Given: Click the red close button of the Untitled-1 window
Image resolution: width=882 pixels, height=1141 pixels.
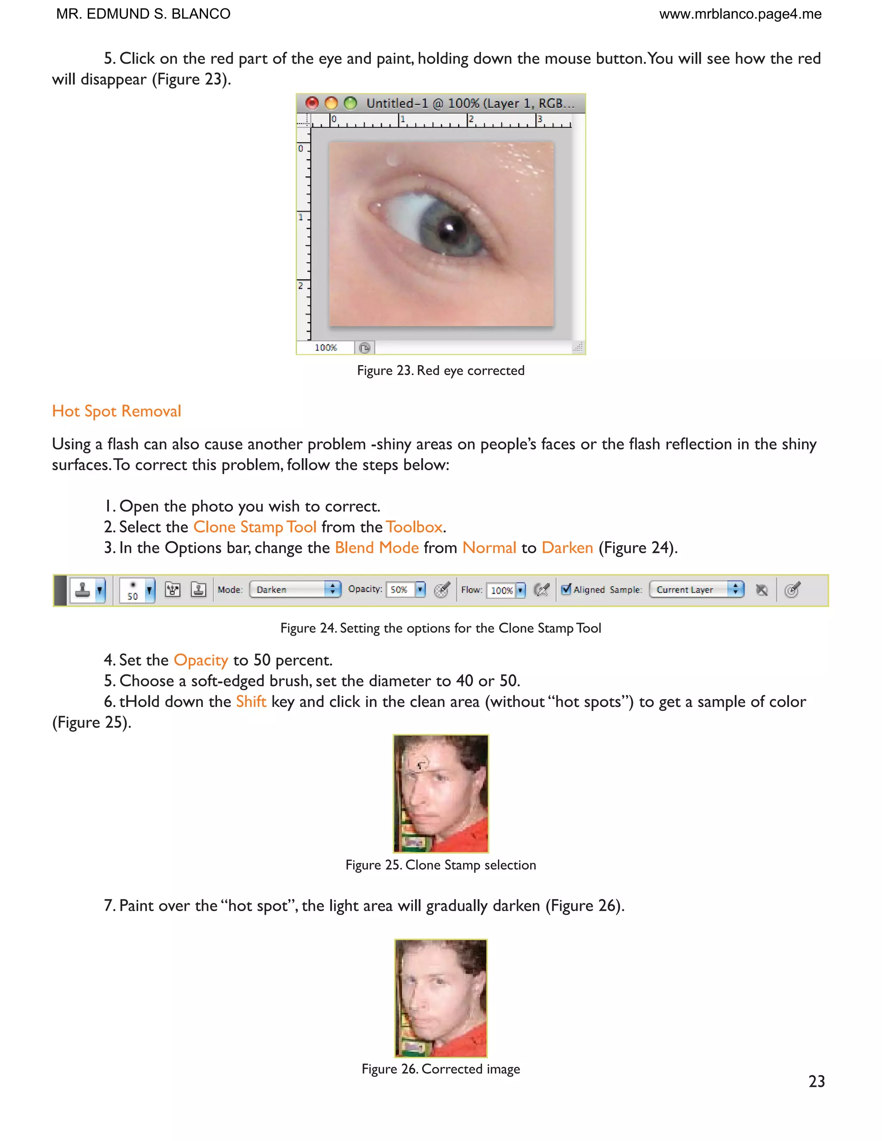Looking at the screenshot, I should click(312, 103).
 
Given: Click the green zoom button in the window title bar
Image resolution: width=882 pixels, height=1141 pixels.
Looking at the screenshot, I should click(351, 103).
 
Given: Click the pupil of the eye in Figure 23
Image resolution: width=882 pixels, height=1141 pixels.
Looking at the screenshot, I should click(448, 228).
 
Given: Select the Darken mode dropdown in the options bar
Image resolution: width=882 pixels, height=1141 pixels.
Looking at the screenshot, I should click(295, 589).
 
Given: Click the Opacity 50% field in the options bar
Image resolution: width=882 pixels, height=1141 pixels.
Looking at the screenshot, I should click(400, 589).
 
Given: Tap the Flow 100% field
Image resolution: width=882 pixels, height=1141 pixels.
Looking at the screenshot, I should click(501, 590).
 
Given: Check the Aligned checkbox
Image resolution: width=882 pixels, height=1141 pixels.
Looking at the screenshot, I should click(566, 589).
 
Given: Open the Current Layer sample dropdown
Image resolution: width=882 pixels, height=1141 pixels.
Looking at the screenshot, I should click(696, 589).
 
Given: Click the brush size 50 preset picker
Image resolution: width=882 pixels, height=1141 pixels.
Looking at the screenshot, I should click(137, 590).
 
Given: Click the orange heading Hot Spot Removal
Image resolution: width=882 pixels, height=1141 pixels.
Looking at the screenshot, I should click(117, 411).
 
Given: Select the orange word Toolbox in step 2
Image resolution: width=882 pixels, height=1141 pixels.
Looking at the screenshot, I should click(414, 527).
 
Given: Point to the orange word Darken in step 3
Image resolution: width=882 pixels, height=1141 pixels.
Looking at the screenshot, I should click(567, 548).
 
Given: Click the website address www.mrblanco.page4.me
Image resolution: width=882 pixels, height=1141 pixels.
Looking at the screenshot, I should click(740, 14).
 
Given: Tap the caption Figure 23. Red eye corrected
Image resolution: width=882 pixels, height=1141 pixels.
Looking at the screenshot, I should click(441, 370).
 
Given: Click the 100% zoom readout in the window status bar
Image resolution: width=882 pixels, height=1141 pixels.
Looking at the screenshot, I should click(326, 347).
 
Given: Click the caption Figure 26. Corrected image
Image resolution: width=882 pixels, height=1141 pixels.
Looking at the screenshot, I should click(441, 1069).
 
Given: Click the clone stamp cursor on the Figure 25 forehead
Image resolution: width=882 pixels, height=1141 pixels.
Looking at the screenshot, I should click(421, 764).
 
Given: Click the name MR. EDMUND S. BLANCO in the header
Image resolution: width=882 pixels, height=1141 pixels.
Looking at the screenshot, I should click(143, 14).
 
